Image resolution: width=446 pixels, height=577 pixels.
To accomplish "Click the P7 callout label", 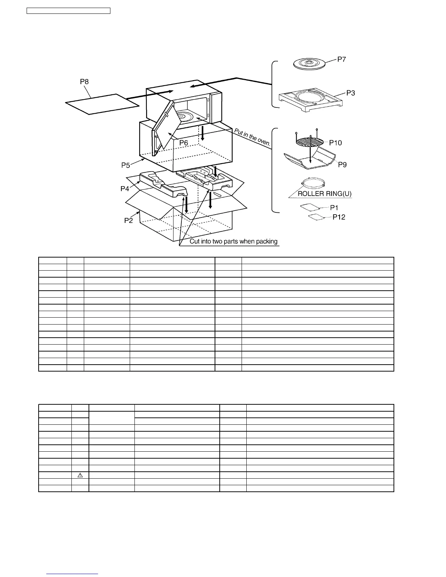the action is (341, 59).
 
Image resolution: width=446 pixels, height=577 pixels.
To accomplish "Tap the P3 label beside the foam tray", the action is (350, 93).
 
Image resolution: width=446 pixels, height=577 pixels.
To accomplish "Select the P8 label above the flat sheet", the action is (84, 82).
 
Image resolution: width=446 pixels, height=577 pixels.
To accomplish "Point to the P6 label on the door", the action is (184, 143).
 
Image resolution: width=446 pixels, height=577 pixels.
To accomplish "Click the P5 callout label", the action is (126, 165).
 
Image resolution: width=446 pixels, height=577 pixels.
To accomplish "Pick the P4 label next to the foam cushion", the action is (125, 189).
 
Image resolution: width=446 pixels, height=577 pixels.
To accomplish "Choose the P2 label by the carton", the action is (128, 220).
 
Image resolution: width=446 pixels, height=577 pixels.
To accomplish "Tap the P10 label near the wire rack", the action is (335, 143).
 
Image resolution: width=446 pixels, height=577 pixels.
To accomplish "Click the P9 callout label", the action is (342, 165).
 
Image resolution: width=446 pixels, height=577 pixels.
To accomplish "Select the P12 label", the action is (339, 217).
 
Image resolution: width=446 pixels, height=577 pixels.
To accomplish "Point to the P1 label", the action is (334, 208).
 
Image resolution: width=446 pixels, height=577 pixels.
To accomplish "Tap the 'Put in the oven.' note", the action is (253, 138).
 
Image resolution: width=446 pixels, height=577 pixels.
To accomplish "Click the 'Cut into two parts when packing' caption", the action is (234, 242).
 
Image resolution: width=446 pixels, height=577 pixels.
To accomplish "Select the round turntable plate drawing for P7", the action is (309, 64).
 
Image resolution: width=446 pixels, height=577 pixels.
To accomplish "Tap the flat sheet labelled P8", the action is (102, 104).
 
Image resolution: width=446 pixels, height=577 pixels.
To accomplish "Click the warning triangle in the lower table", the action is (80, 475).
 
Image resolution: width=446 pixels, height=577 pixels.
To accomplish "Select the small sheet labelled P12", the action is (316, 218).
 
